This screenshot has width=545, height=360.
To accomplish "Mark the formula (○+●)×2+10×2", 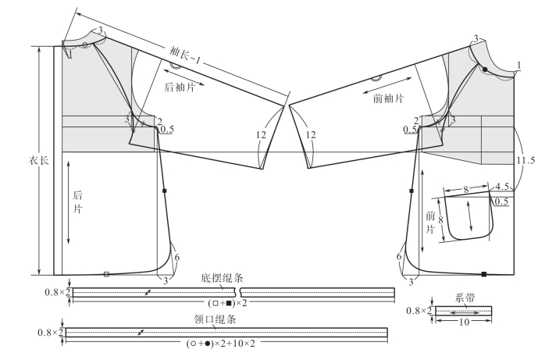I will (223, 343).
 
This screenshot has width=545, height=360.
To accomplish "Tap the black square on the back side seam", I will (166, 191).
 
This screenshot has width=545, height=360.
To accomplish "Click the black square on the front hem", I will (484, 274).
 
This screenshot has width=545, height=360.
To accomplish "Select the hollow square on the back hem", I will (106, 273).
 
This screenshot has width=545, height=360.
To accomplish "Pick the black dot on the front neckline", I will (485, 70).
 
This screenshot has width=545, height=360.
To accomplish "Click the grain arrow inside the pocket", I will (468, 213).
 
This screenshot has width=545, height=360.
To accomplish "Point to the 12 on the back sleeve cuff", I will (261, 134).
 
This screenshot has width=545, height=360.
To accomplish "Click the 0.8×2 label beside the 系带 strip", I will (419, 311).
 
